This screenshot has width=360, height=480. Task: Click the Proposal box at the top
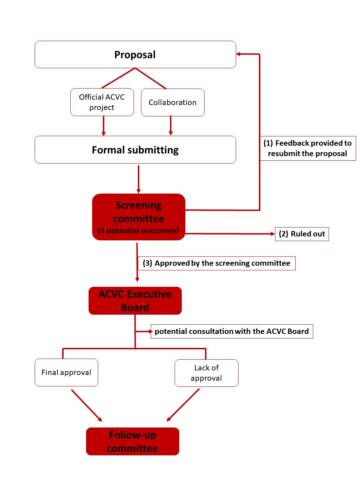point(135,54)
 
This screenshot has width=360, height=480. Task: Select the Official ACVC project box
point(102,102)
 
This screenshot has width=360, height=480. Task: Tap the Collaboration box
point(172,102)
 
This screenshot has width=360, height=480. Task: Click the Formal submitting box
point(135,150)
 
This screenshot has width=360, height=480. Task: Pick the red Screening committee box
point(139,217)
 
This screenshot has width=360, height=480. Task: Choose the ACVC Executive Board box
point(135,301)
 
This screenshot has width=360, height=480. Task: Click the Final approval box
point(66,372)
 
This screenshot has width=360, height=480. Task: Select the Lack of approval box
point(206,373)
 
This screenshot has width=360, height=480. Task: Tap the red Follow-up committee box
point(132,441)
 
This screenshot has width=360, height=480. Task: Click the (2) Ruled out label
point(302,234)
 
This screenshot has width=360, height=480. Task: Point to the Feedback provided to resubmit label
point(308,148)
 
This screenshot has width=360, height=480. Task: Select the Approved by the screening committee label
point(217,263)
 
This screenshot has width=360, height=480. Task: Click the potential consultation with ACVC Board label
point(232,331)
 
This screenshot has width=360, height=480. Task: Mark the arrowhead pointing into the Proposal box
point(238,54)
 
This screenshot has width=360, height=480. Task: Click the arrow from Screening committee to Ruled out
point(230,234)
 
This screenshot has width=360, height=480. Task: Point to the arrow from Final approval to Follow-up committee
point(87,406)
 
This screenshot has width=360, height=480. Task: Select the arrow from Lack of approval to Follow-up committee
point(183,405)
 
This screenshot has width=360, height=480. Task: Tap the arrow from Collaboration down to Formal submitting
point(171,125)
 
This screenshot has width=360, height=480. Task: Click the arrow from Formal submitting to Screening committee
point(138,179)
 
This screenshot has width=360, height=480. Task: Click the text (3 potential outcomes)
point(138,230)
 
